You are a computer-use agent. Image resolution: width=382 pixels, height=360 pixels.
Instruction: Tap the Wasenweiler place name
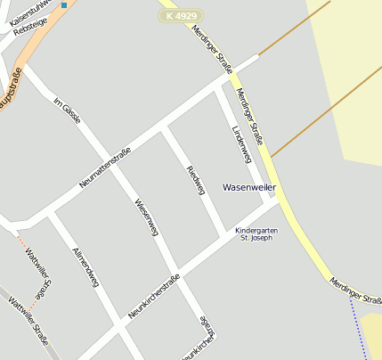(x=249, y=188)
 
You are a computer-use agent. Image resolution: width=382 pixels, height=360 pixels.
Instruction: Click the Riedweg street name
(x=195, y=179)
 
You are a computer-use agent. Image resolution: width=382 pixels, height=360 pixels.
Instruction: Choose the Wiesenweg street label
(x=146, y=217)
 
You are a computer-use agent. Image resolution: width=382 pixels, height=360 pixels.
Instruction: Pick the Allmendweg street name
(x=84, y=266)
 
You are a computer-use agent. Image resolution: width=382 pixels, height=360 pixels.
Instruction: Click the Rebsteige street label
(x=30, y=28)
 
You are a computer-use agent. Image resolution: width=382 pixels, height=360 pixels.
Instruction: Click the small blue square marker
(x=64, y=5)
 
